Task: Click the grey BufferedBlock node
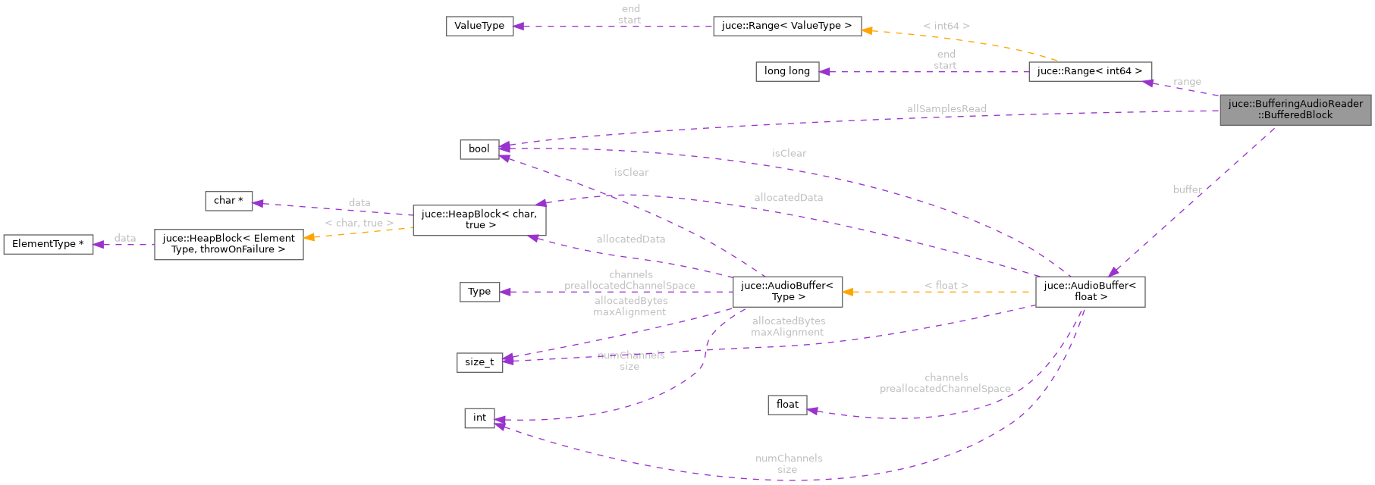click(1295, 110)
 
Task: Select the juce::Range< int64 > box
click(1090, 71)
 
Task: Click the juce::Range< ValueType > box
click(786, 26)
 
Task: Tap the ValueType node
click(479, 26)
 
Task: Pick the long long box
click(786, 71)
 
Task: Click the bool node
click(479, 149)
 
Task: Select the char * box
click(228, 201)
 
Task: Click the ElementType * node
click(49, 244)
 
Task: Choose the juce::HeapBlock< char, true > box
click(479, 220)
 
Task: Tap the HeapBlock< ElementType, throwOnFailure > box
click(228, 244)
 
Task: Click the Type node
click(479, 292)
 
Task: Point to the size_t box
click(479, 362)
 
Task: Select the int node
click(479, 418)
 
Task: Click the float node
click(786, 405)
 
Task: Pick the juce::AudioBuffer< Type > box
click(786, 292)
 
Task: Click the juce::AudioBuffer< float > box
click(1090, 292)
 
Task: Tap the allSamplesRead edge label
click(946, 109)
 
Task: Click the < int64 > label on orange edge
click(946, 26)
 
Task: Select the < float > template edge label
click(946, 286)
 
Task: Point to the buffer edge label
click(1187, 189)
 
